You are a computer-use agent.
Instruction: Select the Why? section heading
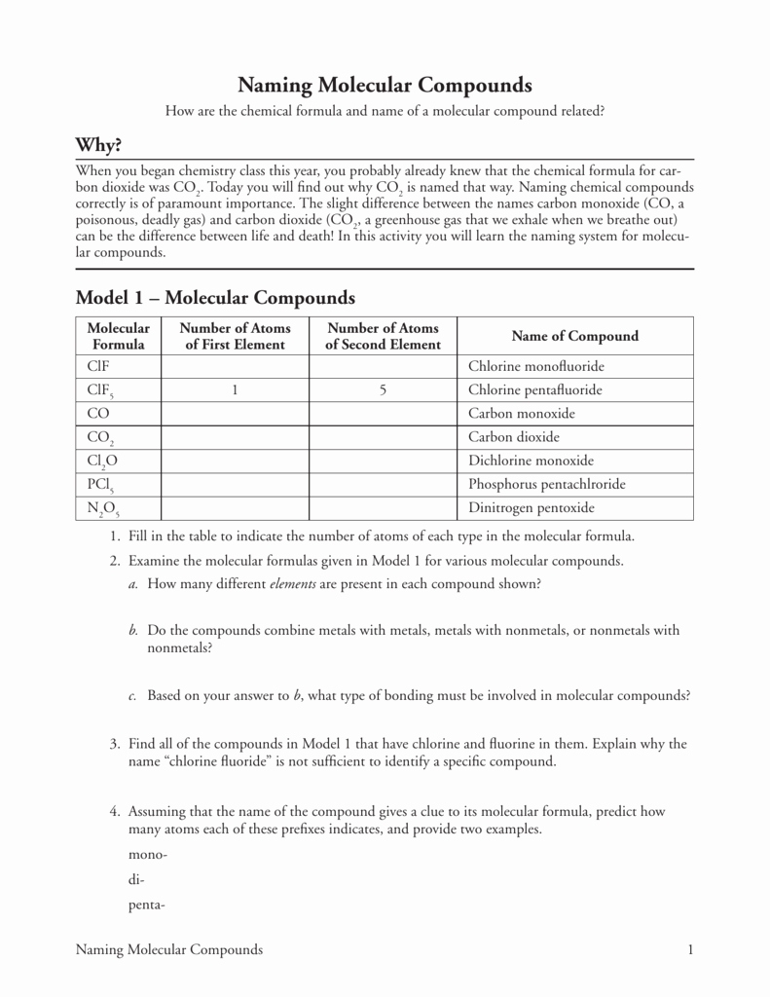pyautogui.click(x=99, y=145)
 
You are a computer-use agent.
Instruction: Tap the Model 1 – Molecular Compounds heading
pyautogui.click(x=215, y=297)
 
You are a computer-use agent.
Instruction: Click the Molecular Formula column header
pyautogui.click(x=119, y=336)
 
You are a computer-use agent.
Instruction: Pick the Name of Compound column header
pyautogui.click(x=574, y=336)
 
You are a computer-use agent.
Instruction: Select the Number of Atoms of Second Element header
pyautogui.click(x=383, y=336)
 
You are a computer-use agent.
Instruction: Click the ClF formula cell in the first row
pyautogui.click(x=97, y=366)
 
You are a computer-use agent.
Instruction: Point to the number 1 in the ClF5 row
pyautogui.click(x=235, y=389)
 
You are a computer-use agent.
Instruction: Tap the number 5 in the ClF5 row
pyautogui.click(x=383, y=389)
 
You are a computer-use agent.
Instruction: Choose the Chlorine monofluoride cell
pyautogui.click(x=536, y=366)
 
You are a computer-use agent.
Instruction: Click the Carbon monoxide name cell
pyautogui.click(x=522, y=413)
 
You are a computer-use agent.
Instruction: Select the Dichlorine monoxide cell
pyautogui.click(x=531, y=461)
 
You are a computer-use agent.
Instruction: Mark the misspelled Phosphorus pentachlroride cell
pyautogui.click(x=547, y=484)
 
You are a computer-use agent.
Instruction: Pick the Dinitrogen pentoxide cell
pyautogui.click(x=531, y=507)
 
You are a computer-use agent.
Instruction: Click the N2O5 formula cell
pyautogui.click(x=103, y=508)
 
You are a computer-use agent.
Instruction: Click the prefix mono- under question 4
pyautogui.click(x=148, y=854)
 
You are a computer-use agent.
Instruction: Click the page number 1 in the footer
pyautogui.click(x=689, y=949)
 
